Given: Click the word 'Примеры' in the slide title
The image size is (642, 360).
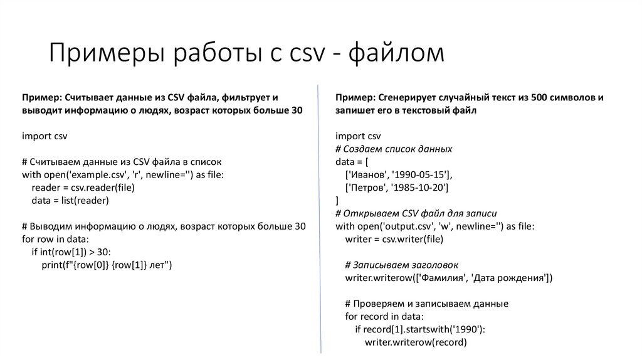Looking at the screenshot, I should click(x=103, y=53).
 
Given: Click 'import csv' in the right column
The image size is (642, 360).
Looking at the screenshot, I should click(x=358, y=136).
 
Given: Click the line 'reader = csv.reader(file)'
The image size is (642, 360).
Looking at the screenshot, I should click(x=83, y=187).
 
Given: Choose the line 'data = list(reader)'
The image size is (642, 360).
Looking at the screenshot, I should click(x=70, y=200).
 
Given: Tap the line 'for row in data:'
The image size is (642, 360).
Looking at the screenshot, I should click(x=55, y=239).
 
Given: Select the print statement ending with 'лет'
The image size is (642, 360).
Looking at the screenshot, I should click(x=107, y=265).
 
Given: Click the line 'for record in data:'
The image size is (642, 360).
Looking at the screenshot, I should click(x=384, y=316).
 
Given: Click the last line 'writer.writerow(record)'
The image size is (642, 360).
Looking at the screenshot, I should click(x=416, y=342).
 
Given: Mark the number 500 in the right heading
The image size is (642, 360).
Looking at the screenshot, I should click(x=539, y=98).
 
